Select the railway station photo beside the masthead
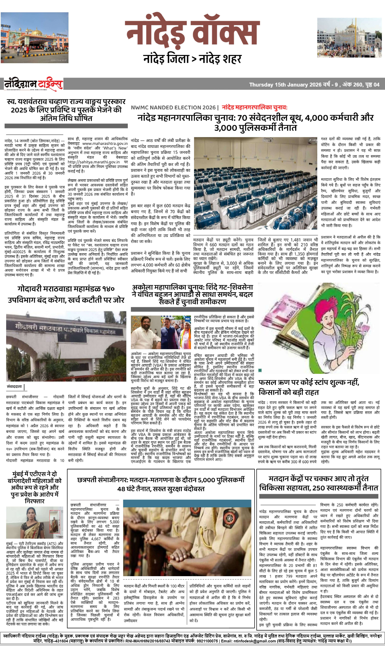tap(34, 38)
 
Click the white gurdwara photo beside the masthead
tap(349, 38)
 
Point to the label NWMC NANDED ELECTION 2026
tap(173, 107)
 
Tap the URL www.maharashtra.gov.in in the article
tap(105, 144)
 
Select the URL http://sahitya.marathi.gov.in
tap(93, 162)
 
